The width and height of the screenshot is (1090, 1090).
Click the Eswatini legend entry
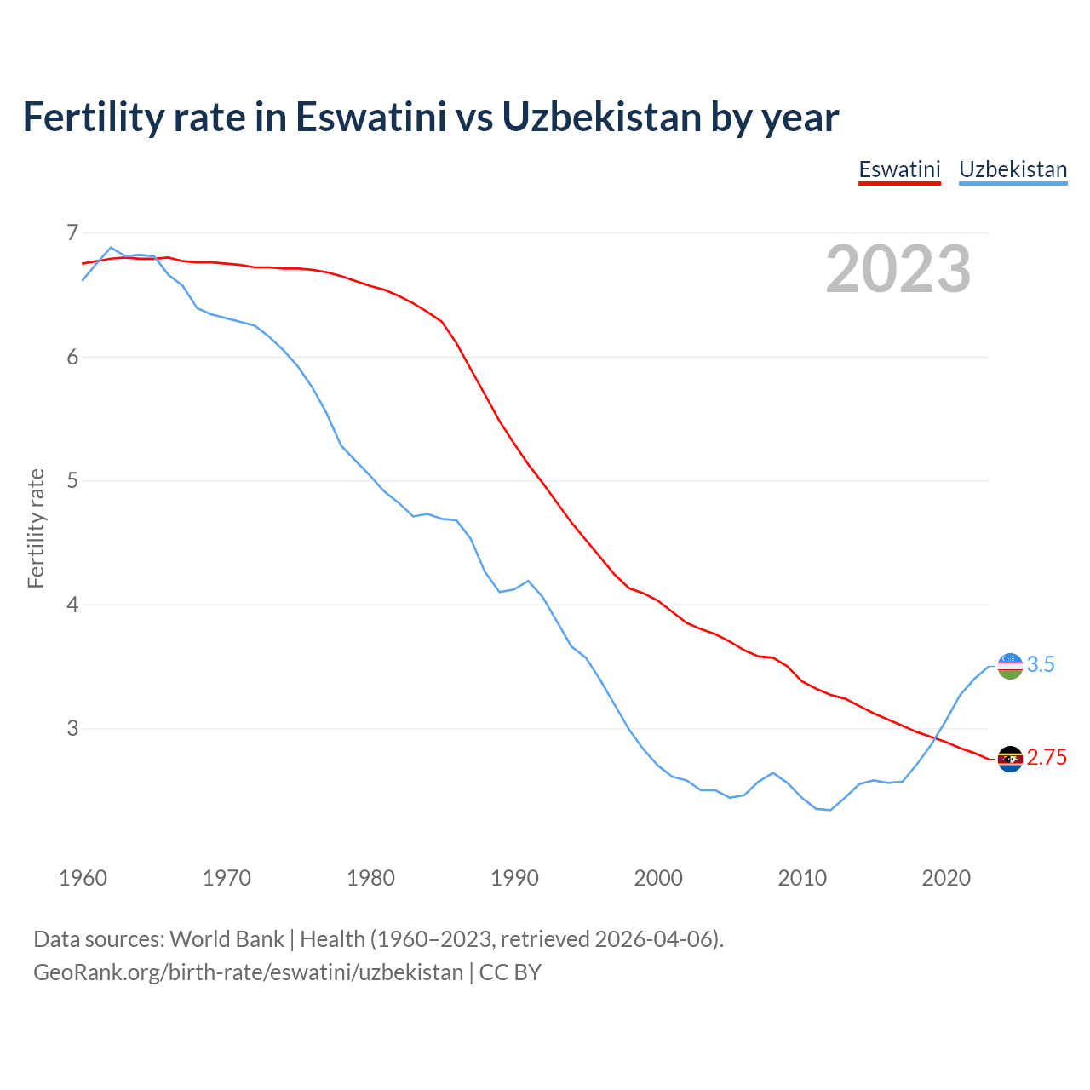[x=899, y=169]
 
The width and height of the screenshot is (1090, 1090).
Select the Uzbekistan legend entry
[x=1013, y=169]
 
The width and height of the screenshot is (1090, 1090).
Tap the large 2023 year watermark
[x=898, y=269]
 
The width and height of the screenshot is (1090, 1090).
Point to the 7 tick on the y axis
[x=72, y=232]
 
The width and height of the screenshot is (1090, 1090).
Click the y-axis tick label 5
[x=72, y=480]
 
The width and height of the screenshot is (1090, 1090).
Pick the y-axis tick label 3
[x=72, y=728]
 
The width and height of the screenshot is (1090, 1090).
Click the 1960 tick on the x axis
[x=83, y=877]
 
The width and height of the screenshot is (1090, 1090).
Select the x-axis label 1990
[x=514, y=877]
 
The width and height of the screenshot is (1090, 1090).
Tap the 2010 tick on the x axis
[x=802, y=877]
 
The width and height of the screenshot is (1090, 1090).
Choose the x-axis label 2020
[x=946, y=877]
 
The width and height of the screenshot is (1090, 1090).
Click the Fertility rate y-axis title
[x=36, y=528]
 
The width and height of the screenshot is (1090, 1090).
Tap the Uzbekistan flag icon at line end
[x=1010, y=666]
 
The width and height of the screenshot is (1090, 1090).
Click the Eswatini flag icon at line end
[x=1010, y=759]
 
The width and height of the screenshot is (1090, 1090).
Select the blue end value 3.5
[x=1041, y=665]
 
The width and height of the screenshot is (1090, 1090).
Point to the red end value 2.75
[x=1047, y=758]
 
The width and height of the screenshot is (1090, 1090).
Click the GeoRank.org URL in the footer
[x=248, y=972]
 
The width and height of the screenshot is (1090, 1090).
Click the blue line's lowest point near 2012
[x=830, y=810]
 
